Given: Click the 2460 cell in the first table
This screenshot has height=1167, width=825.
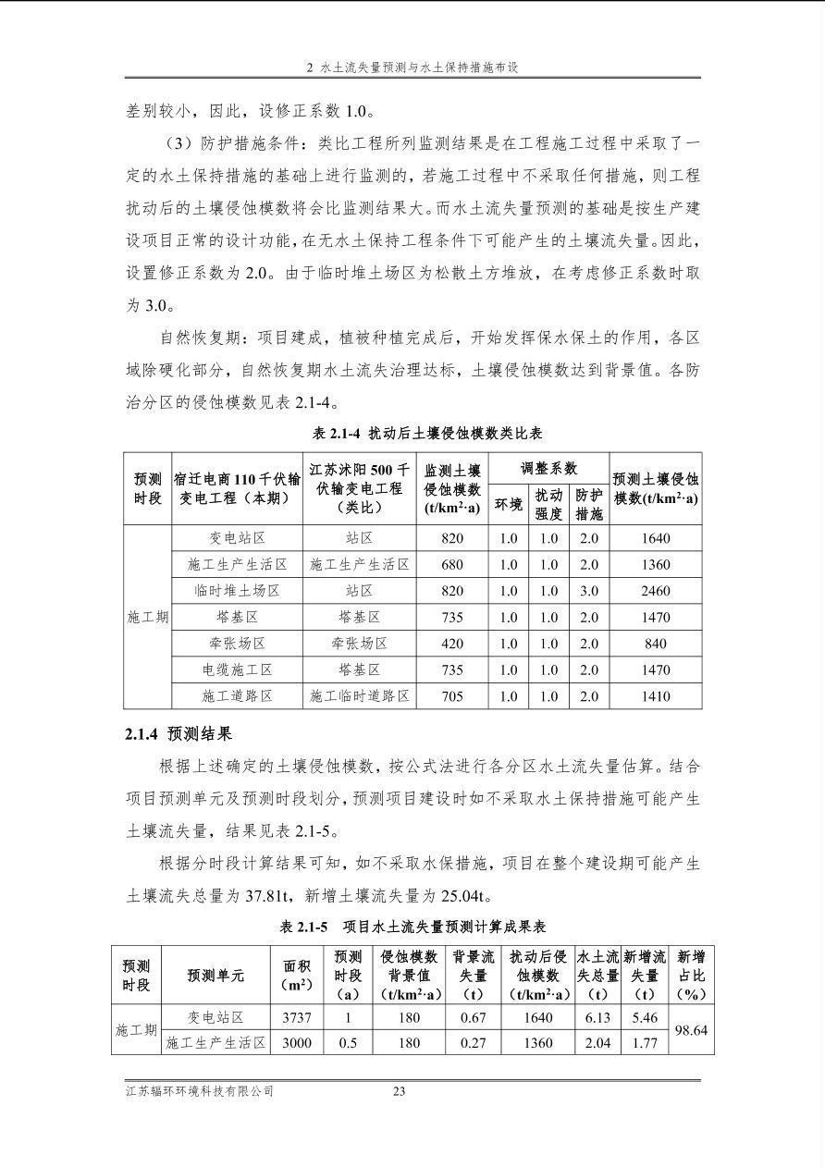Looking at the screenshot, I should click(655, 591).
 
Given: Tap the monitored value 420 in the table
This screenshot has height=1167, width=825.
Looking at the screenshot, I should click(452, 644).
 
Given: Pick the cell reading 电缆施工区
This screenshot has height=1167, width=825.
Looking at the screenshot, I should click(237, 669).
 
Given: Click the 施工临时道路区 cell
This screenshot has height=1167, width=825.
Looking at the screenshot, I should click(359, 696).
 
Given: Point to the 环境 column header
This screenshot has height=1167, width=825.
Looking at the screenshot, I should click(508, 504).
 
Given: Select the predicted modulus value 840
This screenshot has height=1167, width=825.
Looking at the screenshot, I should click(655, 644).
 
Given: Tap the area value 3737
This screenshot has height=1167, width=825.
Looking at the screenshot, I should click(296, 1017).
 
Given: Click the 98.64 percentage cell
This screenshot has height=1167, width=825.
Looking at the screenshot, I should click(691, 1029).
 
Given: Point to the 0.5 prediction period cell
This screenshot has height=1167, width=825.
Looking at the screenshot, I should click(348, 1043).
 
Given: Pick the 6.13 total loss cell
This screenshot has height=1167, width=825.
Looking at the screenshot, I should click(597, 1017).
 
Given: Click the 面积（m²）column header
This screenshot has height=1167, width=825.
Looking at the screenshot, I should click(296, 976).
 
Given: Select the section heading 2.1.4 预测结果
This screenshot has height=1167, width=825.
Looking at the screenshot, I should click(179, 734).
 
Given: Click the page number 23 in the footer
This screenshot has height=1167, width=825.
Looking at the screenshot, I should click(400, 1091).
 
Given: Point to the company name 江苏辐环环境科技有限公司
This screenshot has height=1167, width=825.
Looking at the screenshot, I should click(200, 1091).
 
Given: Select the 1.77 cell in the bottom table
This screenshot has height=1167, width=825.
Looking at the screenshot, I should click(644, 1043).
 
